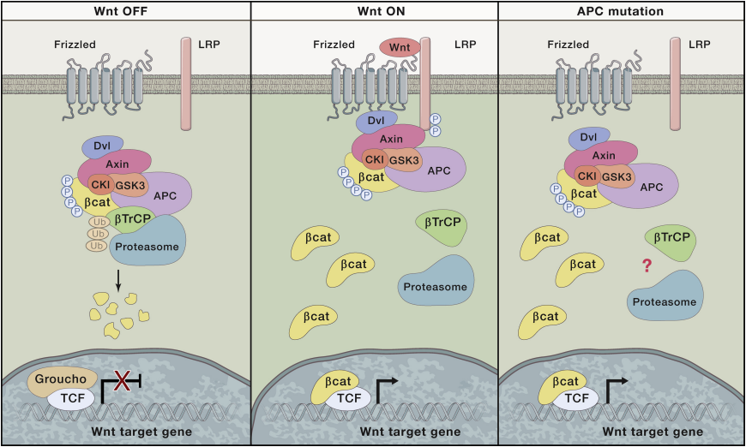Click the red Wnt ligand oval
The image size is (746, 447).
400,47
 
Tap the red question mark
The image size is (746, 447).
647,265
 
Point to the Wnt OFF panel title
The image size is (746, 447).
121,11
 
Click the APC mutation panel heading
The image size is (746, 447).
621,11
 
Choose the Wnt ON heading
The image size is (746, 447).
381,11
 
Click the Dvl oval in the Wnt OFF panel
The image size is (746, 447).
103,146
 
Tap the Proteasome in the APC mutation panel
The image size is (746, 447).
665,296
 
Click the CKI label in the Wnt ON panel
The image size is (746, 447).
375,159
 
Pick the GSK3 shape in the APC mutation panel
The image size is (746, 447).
616,177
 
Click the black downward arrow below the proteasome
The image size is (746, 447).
118,281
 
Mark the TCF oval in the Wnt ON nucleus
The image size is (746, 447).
348,399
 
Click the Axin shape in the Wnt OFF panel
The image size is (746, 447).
116,165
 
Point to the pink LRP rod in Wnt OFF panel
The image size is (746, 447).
186,84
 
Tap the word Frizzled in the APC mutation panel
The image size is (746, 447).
568,45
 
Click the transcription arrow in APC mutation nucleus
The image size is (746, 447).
614,390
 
